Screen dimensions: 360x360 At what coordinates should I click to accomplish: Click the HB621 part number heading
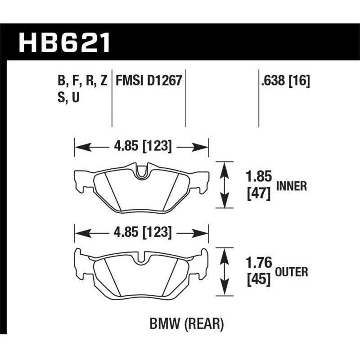coord(64,42)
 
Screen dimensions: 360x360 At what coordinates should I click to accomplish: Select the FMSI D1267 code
coord(149,81)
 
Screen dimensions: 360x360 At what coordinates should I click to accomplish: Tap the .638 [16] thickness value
coord(285,81)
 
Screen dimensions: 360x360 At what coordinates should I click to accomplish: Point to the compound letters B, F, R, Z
coord(82,81)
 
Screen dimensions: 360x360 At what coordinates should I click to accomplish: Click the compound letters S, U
coord(68,97)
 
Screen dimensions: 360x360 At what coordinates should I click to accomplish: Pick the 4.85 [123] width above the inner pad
coord(143,146)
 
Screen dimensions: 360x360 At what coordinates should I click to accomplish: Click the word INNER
coord(292,186)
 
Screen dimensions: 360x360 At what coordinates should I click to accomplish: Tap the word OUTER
coord(292,272)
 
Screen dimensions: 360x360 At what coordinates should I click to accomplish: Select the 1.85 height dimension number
coord(259,176)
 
